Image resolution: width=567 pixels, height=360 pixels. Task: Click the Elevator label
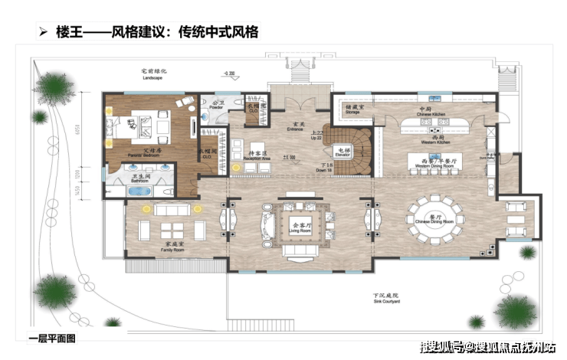click(x=342, y=152)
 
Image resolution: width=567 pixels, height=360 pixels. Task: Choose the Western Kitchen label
click(x=431, y=141)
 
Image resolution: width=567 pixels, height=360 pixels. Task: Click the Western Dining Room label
click(x=431, y=164)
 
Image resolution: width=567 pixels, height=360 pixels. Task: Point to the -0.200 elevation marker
click(x=228, y=74)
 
